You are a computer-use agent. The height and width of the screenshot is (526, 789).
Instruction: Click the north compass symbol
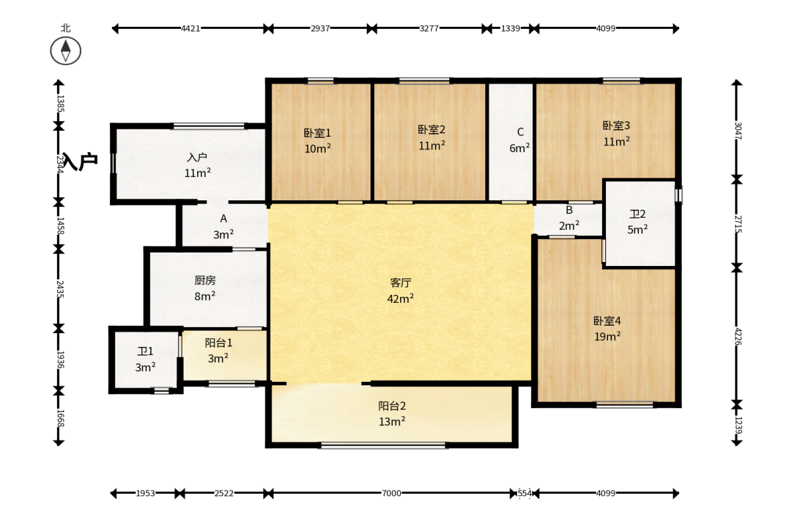[66, 51]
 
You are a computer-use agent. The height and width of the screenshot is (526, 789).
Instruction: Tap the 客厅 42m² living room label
[401, 291]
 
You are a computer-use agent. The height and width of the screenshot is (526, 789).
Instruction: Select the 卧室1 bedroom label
[318, 141]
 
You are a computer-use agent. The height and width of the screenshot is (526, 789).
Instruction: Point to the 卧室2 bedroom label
[432, 137]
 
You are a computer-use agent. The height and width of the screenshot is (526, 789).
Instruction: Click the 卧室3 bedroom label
[617, 133]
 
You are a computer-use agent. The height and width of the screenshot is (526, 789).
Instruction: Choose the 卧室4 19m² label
[607, 328]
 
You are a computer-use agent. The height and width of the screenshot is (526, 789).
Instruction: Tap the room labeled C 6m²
[520, 140]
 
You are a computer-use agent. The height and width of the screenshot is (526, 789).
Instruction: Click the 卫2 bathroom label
[638, 222]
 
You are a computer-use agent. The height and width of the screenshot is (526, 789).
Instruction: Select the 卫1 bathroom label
[145, 359]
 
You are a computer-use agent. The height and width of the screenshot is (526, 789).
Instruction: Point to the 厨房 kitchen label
[205, 288]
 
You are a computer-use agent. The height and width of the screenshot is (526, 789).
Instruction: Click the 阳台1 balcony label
[219, 350]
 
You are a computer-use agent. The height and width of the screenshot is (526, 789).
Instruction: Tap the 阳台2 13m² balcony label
[392, 413]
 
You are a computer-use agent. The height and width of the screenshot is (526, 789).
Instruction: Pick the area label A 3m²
[223, 226]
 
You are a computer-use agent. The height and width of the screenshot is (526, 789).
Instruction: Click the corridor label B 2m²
[569, 218]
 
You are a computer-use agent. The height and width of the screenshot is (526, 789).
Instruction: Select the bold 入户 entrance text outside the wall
[80, 162]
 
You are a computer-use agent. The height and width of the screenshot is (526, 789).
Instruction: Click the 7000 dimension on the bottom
[391, 493]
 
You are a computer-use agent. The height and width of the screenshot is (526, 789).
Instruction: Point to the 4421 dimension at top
[190, 29]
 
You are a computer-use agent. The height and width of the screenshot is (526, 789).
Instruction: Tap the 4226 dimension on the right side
[737, 336]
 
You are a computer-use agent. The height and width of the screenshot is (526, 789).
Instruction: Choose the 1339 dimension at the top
[510, 29]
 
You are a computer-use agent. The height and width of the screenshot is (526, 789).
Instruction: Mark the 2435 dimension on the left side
[60, 289]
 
